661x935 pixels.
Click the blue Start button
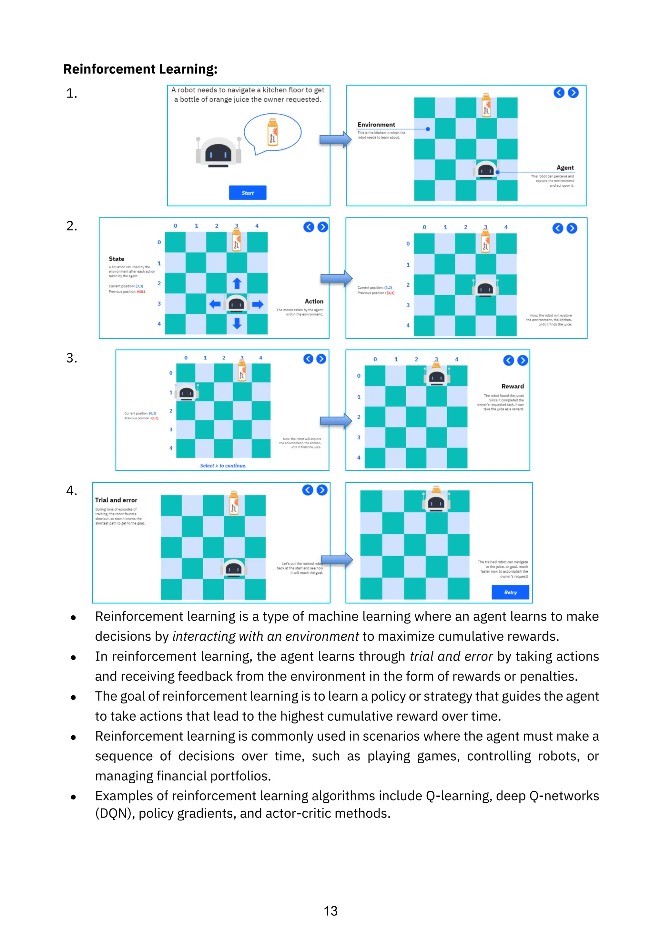click(248, 193)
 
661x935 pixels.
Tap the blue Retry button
click(510, 592)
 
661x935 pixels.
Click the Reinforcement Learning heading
click(140, 69)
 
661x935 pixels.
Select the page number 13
click(330, 910)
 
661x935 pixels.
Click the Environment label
click(376, 125)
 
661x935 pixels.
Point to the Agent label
click(565, 168)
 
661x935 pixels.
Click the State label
click(117, 259)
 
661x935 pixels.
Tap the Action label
click(314, 301)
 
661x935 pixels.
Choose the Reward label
click(513, 386)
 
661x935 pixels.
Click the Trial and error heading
click(117, 500)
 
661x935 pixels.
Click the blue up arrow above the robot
click(237, 283)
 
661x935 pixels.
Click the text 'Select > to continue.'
click(223, 466)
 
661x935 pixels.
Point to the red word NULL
click(141, 292)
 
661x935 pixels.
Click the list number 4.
click(72, 490)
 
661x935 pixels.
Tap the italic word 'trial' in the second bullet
click(422, 656)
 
